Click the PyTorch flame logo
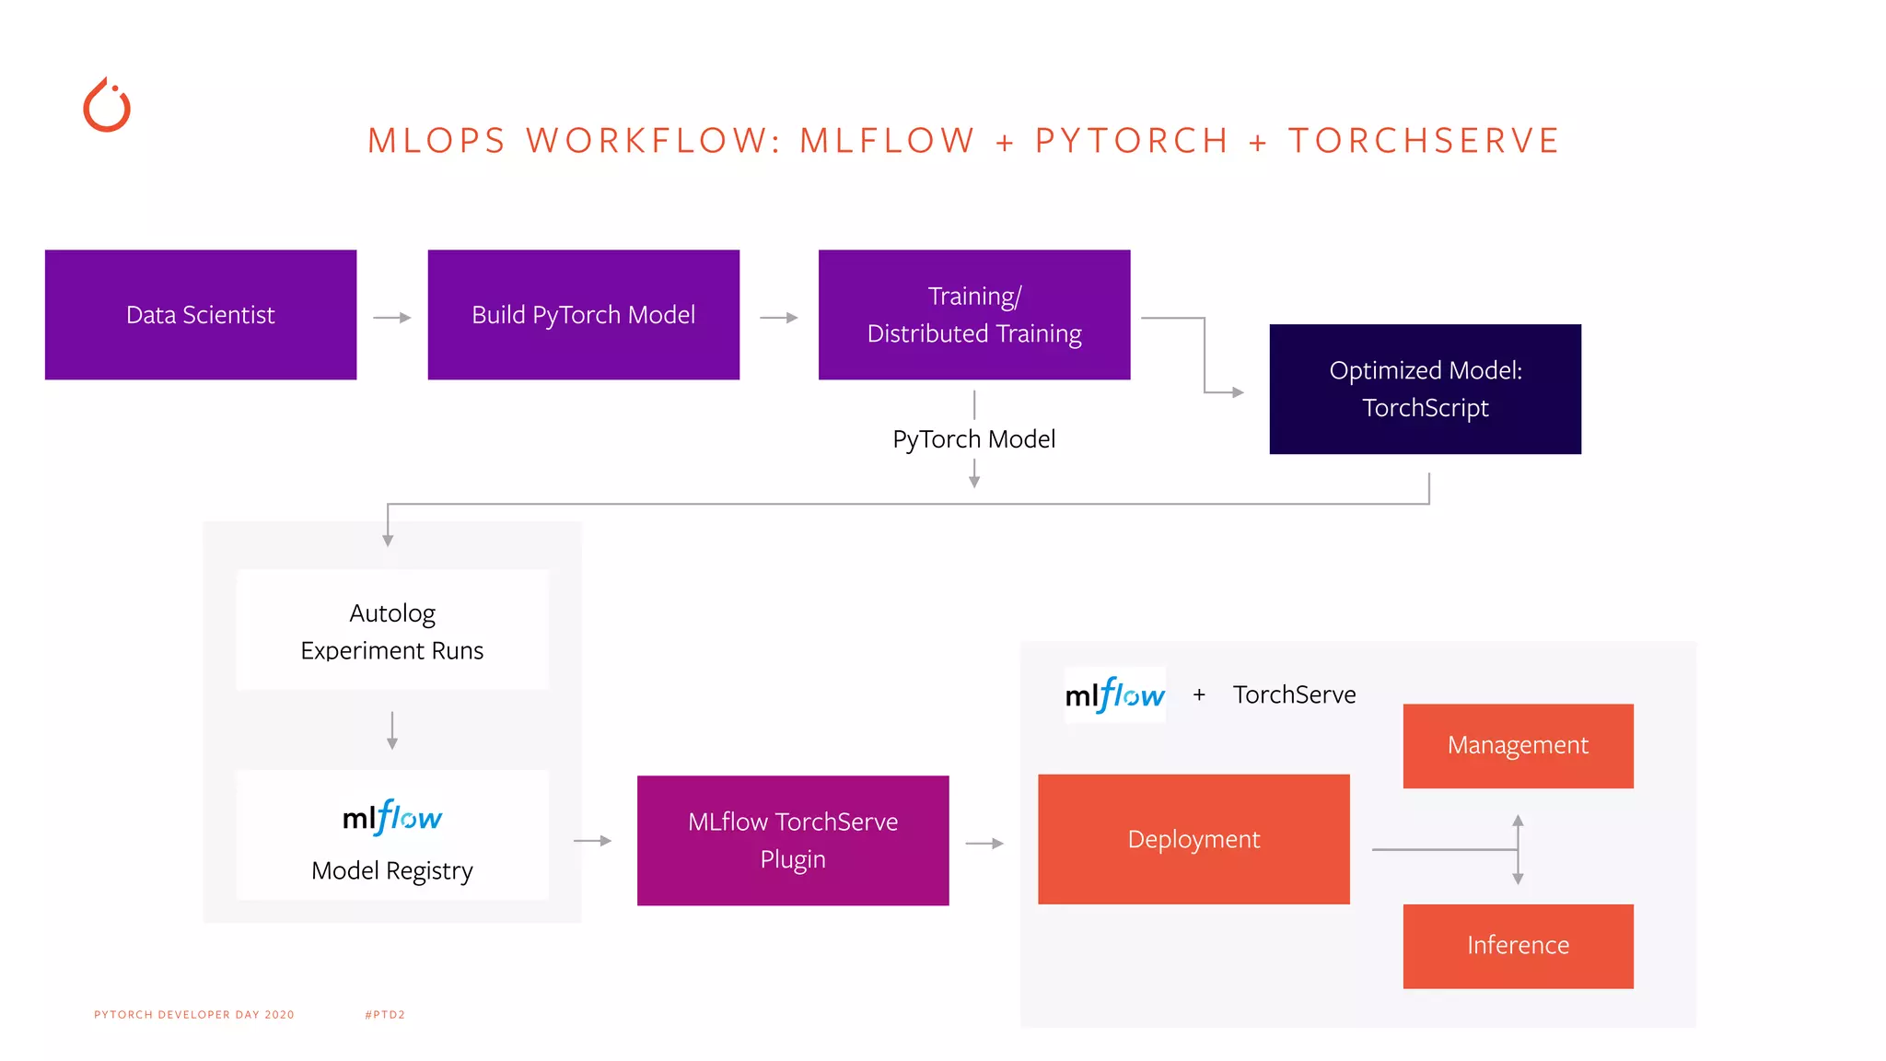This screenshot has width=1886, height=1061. coord(107,106)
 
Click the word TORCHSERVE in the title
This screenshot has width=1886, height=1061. coord(1423,141)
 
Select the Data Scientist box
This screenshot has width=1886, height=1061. coord(201,315)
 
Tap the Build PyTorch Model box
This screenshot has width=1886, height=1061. coord(583,315)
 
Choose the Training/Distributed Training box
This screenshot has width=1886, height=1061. coord(973,315)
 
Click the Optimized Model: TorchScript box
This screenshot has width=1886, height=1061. coord(1425,389)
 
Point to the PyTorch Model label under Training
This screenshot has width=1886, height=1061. coord(973,439)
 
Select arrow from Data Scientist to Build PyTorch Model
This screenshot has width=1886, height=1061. coord(392,318)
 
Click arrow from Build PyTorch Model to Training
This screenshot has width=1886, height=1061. coord(779,318)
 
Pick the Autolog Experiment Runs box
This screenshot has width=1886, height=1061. coord(392,631)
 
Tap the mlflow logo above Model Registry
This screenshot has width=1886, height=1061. coord(392,817)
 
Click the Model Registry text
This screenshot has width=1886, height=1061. coord(392,870)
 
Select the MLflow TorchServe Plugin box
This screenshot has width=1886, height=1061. coord(792,840)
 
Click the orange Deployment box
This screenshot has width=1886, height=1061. coord(1193,839)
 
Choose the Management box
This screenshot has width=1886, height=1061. coord(1518,745)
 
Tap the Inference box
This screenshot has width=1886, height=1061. coord(1518,946)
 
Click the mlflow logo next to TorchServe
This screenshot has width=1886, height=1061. coord(1114,695)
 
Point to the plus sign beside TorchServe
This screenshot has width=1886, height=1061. coord(1199,695)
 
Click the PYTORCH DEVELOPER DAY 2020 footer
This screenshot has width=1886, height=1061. coord(194,1015)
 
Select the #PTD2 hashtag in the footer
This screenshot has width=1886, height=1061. coord(385,1015)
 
